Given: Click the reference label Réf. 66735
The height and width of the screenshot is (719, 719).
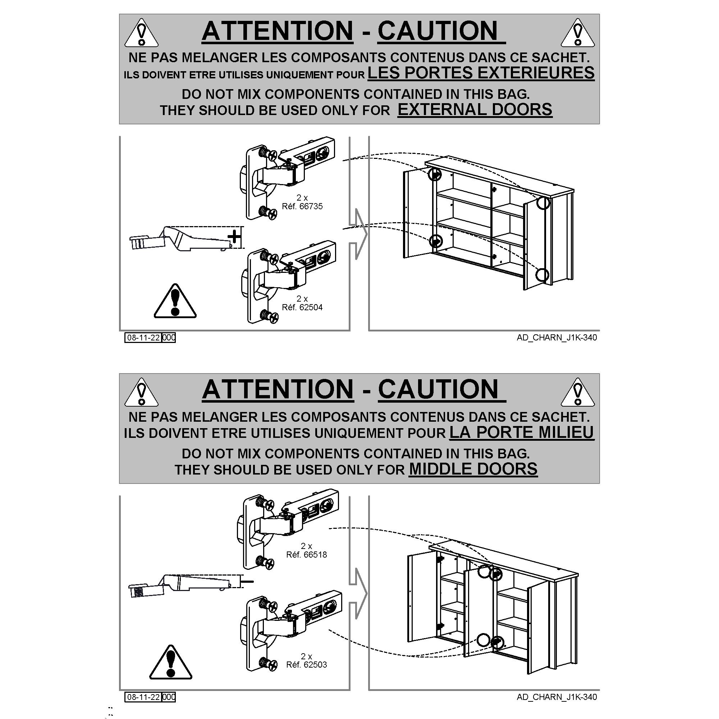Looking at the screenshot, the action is click(x=302, y=206).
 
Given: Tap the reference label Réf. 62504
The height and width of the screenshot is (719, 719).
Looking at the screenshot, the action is click(x=302, y=307).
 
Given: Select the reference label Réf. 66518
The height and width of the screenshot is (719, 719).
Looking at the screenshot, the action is click(x=307, y=554).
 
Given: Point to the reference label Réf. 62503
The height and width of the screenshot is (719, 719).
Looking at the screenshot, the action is click(x=307, y=664).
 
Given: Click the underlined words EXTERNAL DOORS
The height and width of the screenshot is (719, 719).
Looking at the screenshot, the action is click(x=475, y=110).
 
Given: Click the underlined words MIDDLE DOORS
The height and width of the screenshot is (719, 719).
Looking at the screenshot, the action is click(x=473, y=469).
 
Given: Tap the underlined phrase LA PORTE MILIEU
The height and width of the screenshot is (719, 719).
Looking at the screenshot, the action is click(x=522, y=432).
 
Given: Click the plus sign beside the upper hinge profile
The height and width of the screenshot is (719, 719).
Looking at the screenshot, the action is click(x=234, y=236).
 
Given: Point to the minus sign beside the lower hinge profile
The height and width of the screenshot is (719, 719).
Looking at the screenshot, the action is click(x=247, y=581).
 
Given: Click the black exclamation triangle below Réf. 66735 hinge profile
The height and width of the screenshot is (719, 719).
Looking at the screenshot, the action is click(x=175, y=302).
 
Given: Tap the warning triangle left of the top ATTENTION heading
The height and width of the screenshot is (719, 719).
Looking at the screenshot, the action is click(x=141, y=33).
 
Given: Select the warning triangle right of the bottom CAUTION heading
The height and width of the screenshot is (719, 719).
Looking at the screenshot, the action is click(x=578, y=392).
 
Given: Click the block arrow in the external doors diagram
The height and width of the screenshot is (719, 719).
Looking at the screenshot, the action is click(x=358, y=234).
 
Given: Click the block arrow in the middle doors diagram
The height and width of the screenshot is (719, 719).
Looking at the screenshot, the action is click(x=358, y=594).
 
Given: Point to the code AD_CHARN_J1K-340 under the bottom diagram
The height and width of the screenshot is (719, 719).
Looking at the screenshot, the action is click(x=557, y=697).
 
